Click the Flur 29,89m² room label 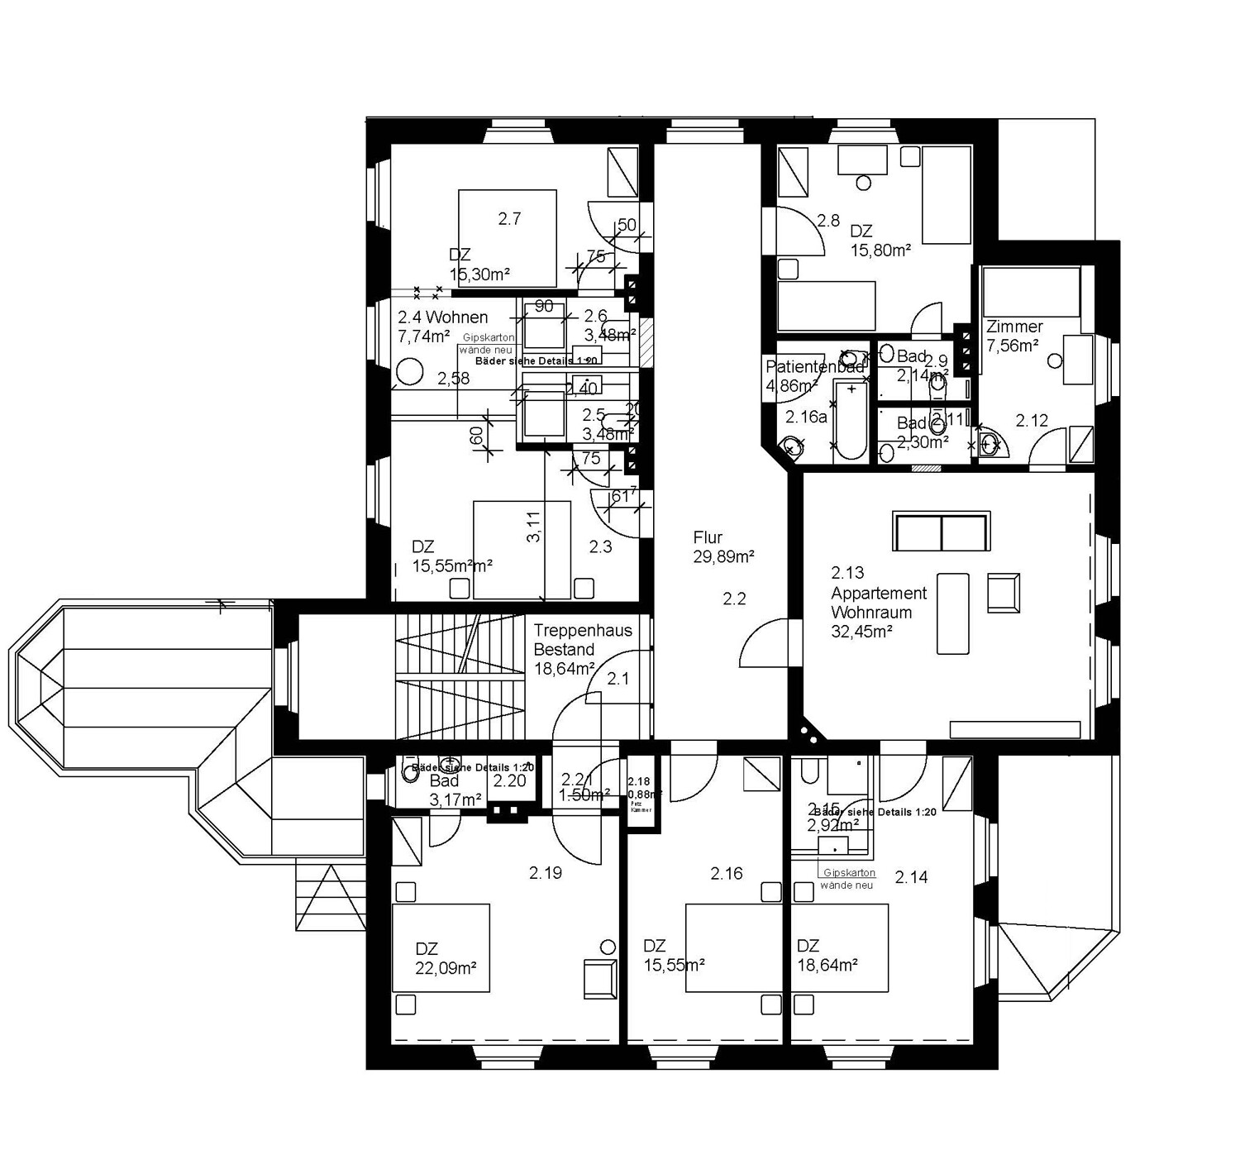(x=723, y=547)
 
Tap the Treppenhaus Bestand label (x=582, y=640)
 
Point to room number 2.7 (x=509, y=219)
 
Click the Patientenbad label (x=814, y=367)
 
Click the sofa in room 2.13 (x=941, y=532)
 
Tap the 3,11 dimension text (x=534, y=527)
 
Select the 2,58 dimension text (x=453, y=379)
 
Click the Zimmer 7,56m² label (x=1013, y=336)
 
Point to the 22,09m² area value (x=446, y=968)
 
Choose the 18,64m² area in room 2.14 (x=827, y=965)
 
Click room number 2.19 (x=546, y=872)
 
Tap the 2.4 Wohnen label (x=442, y=317)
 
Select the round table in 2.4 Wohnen (x=409, y=372)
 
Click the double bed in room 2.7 (x=507, y=238)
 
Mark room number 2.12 (x=1032, y=421)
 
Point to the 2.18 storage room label (x=638, y=781)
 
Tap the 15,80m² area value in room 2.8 (x=880, y=250)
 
